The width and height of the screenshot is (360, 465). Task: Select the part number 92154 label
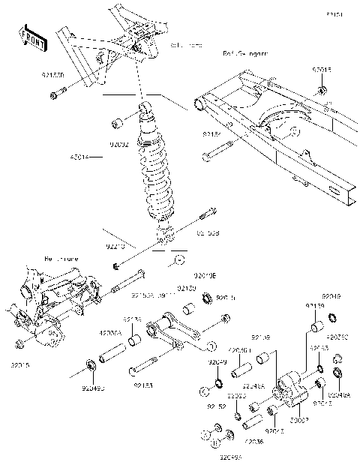[212, 133]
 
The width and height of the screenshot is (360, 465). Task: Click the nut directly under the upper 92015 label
[321, 91]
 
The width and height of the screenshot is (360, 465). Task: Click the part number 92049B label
[94, 388]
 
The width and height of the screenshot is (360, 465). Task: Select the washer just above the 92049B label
[91, 365]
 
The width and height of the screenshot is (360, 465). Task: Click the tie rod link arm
[180, 334]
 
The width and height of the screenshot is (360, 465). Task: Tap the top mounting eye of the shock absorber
[145, 111]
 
